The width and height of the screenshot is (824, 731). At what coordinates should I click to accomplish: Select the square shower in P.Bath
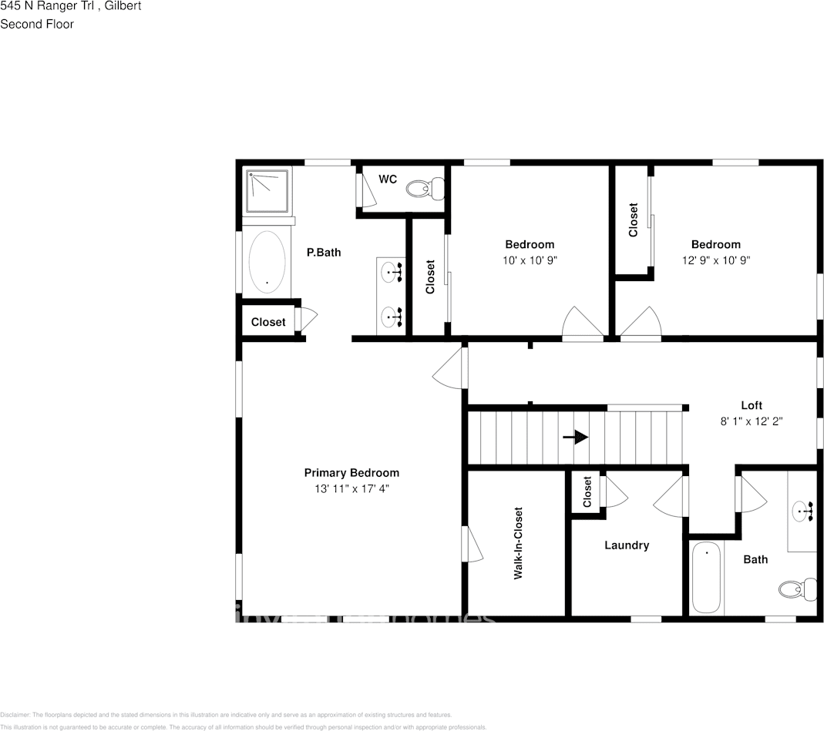tap(267, 191)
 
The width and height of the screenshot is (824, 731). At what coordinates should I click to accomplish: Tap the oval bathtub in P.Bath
tap(267, 262)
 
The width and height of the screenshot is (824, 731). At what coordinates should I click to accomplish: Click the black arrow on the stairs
tap(576, 437)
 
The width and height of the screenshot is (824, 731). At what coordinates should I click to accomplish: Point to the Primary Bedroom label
tap(351, 473)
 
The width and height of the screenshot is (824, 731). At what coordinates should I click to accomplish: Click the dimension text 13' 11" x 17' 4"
tap(351, 488)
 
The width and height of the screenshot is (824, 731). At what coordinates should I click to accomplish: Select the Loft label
tap(752, 405)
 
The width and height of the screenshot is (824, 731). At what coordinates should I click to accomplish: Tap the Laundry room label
tap(627, 545)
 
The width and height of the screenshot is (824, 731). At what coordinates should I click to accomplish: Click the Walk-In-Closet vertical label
tap(518, 543)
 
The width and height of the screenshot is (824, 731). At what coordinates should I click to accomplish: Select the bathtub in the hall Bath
tap(706, 578)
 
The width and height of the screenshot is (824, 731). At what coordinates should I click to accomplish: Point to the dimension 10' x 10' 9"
tap(530, 260)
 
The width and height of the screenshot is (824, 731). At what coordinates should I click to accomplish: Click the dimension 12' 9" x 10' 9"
tap(715, 260)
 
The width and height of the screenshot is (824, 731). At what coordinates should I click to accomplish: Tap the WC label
tap(388, 179)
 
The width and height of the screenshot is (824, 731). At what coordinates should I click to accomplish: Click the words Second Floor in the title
tap(37, 24)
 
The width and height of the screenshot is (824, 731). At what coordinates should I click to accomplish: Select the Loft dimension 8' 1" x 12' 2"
tap(752, 421)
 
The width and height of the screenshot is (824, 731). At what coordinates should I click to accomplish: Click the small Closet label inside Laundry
tap(587, 491)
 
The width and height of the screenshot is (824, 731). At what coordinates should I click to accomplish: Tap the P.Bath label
tap(324, 252)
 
